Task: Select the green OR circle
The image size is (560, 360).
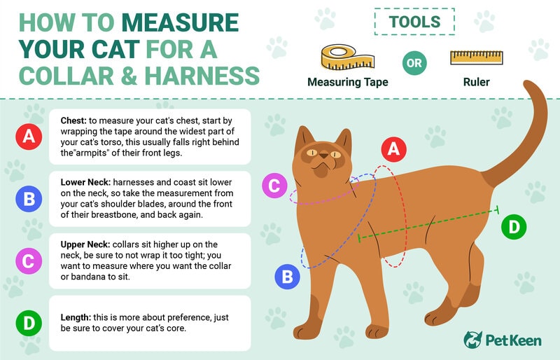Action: [x=414, y=62]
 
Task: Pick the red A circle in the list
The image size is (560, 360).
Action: [x=29, y=137]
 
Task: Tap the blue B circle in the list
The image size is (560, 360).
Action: [x=29, y=199]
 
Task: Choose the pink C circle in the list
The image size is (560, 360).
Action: [x=29, y=261]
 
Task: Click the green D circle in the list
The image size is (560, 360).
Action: [x=29, y=323]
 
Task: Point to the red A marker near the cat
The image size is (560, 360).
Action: [x=393, y=148]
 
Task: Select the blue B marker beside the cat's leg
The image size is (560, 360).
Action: [x=287, y=277]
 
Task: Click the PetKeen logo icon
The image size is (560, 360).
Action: [x=473, y=340]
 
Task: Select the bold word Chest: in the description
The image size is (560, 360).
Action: [x=76, y=120]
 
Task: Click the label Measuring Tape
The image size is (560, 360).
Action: [x=348, y=83]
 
